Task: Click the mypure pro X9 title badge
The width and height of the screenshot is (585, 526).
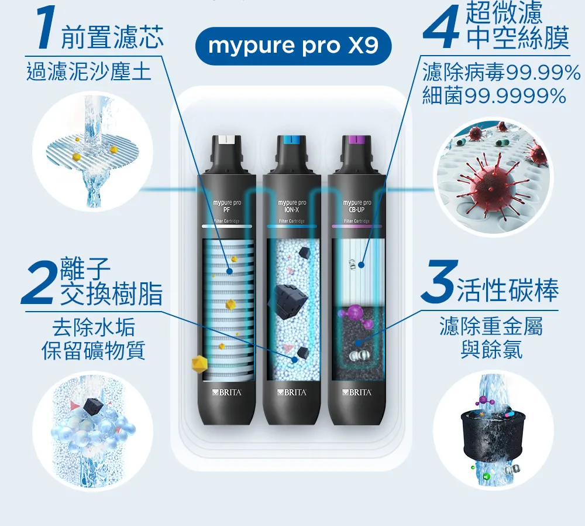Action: click(293, 46)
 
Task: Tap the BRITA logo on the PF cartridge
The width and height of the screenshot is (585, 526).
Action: click(227, 392)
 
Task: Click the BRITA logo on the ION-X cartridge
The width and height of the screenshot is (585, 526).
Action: click(292, 392)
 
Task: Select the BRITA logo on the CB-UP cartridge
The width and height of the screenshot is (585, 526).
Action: click(357, 392)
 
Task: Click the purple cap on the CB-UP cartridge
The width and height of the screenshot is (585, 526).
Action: click(357, 140)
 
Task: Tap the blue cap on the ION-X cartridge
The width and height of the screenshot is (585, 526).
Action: click(292, 140)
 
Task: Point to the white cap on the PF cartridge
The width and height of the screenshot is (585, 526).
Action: click(227, 140)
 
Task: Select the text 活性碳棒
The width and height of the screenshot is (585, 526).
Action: click(507, 291)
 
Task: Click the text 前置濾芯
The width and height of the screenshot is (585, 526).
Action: click(112, 37)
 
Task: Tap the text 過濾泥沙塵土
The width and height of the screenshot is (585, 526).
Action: click(89, 72)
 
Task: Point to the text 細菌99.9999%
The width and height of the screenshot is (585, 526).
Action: click(494, 95)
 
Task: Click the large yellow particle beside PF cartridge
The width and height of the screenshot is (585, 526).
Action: click(200, 364)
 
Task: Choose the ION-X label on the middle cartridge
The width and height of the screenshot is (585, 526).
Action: click(292, 210)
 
